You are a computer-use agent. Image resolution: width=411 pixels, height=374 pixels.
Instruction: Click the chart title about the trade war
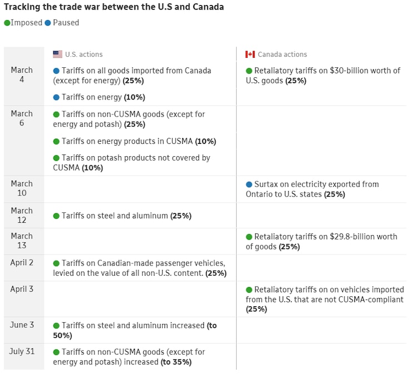point(114,8)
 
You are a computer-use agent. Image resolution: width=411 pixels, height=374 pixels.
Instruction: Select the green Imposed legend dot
point(7,23)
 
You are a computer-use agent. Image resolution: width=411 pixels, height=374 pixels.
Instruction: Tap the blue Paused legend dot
point(48,23)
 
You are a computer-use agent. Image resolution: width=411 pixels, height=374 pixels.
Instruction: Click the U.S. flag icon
point(57,54)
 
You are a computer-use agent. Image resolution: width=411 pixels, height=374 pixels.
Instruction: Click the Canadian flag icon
point(250,54)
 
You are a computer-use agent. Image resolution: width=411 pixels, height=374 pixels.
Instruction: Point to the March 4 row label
point(22,75)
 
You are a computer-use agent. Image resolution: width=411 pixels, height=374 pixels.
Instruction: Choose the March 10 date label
point(22,188)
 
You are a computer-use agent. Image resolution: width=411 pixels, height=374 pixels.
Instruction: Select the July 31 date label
point(22,351)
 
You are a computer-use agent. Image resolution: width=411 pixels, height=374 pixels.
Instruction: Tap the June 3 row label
point(22,325)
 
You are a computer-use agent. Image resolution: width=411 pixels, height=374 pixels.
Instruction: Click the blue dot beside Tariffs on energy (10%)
point(56,97)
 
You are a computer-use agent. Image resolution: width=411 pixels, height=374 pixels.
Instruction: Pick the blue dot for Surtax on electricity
point(249,184)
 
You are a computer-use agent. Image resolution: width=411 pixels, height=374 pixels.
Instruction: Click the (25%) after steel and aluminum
point(181,216)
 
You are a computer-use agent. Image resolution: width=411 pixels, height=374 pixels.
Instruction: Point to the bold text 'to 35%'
point(176,362)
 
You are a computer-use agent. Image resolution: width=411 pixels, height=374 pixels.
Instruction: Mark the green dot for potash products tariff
point(56,158)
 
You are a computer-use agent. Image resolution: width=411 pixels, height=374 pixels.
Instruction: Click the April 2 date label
point(22,262)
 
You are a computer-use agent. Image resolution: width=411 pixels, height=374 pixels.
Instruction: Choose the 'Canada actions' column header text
point(282,54)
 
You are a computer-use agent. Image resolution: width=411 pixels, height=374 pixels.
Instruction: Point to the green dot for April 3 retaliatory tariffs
point(249,290)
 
